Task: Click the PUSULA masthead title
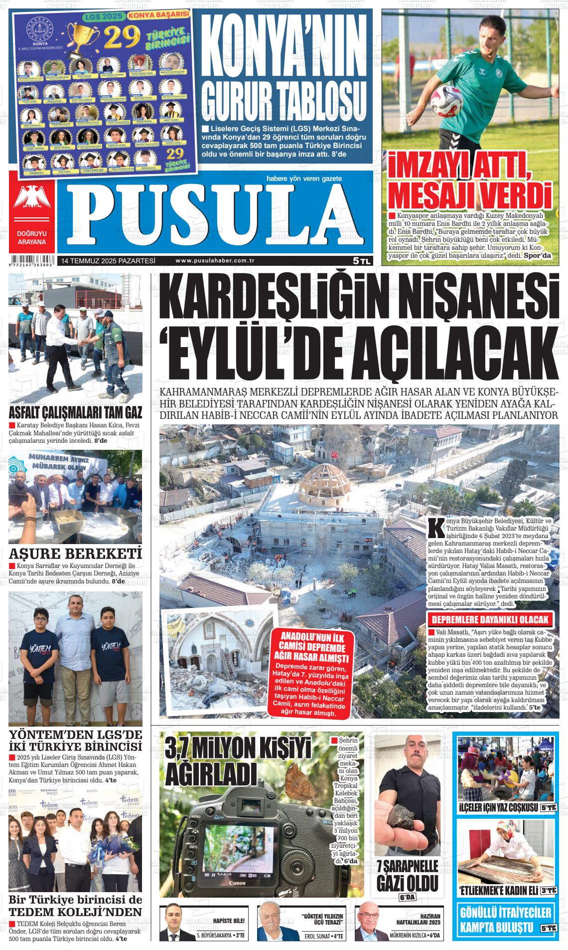tap(215, 213)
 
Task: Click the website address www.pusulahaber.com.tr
tap(215, 260)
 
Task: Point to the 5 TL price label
tap(361, 260)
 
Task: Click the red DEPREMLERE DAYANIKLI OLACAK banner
tap(490, 620)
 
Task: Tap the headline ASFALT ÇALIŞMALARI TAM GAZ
tap(75, 413)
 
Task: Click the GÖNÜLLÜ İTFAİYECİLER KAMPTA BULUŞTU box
tap(506, 921)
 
